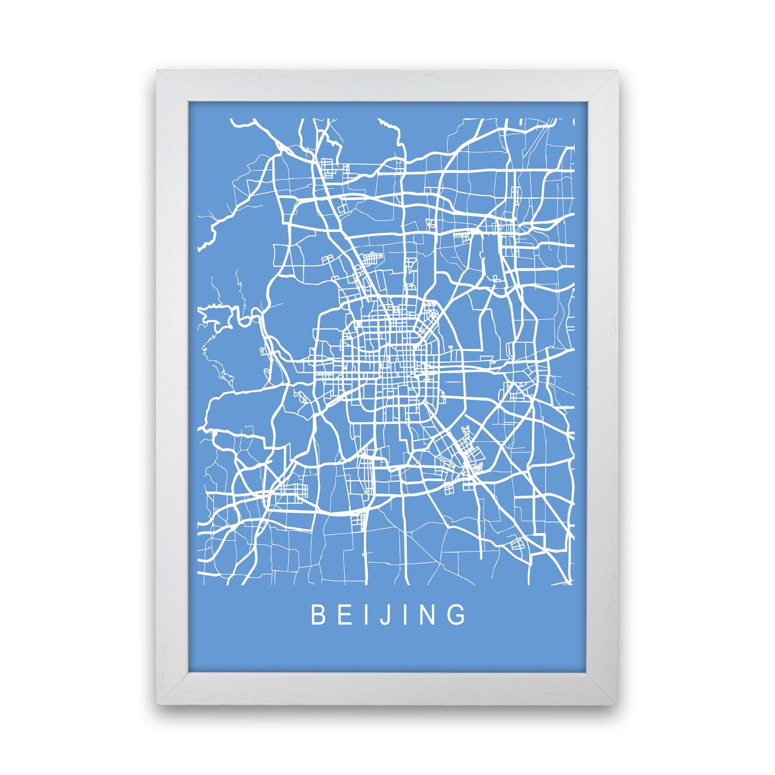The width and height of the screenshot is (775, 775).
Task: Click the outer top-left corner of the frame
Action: pyautogui.click(x=157, y=71)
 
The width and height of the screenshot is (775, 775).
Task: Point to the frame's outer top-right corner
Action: pyautogui.click(x=618, y=71)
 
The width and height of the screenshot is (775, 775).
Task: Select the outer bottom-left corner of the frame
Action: pyautogui.click(x=157, y=703)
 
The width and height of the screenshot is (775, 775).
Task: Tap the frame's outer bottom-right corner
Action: pyautogui.click(x=618, y=703)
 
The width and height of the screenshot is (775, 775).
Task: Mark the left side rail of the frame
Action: pyautogui.click(x=172, y=386)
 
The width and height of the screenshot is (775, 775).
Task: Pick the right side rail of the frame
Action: pyautogui.click(x=603, y=386)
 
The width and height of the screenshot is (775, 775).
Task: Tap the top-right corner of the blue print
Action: pyautogui.click(x=588, y=101)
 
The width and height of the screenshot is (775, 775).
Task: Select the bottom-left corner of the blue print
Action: pyautogui.click(x=188, y=671)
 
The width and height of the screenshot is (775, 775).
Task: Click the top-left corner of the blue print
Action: pyautogui.click(x=188, y=101)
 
